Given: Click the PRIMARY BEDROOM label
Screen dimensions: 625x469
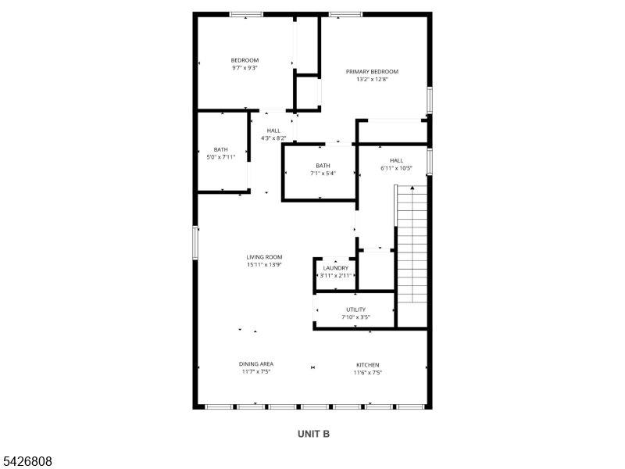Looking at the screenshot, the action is pos(372,72).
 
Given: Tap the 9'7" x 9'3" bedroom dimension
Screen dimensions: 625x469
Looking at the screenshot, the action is pos(245,68).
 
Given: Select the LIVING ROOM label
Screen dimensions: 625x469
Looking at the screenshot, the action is pos(264,257).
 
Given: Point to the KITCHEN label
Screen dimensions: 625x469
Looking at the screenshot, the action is pos(367,365).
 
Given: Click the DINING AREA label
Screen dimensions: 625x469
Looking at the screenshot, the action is pos(256,363).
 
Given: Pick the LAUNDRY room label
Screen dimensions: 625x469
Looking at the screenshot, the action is pos(336,268).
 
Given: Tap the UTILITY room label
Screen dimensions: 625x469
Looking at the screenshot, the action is pos(355,310).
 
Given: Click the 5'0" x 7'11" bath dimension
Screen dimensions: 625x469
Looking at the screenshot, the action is pos(221,157).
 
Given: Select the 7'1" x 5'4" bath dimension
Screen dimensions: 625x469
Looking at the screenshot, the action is pos(323,173).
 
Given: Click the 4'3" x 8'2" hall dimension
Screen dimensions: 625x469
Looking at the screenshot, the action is pos(273,138).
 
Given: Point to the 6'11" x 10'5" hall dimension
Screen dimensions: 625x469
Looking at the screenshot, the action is pos(396,168).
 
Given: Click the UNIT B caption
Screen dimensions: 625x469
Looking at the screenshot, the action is pos(314,434).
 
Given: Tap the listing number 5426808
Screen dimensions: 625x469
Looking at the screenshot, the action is pos(26,461).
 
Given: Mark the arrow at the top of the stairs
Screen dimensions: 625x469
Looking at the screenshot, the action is pos(412,188).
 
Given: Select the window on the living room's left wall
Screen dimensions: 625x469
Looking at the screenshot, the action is pos(195,242).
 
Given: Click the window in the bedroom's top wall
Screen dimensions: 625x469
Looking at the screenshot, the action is pos(246,14).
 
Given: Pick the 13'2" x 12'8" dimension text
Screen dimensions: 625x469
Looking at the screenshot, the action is pos(372,80).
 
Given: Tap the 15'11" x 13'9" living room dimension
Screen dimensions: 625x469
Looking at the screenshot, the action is pos(264,264).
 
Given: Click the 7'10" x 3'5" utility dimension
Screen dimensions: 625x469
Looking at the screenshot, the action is pos(355,317).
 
